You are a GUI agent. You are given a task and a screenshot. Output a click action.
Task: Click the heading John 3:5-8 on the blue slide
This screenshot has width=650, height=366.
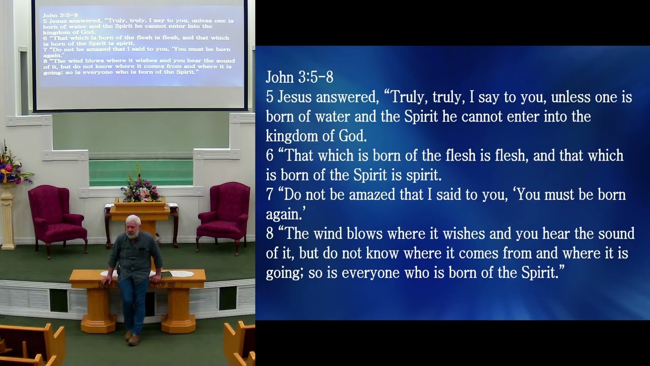(x=299, y=77)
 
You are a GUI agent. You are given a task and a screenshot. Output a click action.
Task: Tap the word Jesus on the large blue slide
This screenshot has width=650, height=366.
(x=294, y=97)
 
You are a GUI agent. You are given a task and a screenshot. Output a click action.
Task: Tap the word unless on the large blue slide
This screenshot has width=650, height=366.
(x=571, y=97)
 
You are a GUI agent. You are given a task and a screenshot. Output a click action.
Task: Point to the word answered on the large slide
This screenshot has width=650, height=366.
(x=347, y=97)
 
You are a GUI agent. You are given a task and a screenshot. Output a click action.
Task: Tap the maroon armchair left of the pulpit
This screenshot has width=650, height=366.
(x=56, y=216)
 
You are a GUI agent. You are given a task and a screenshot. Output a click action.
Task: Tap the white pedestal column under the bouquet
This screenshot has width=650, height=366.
(x=8, y=219)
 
